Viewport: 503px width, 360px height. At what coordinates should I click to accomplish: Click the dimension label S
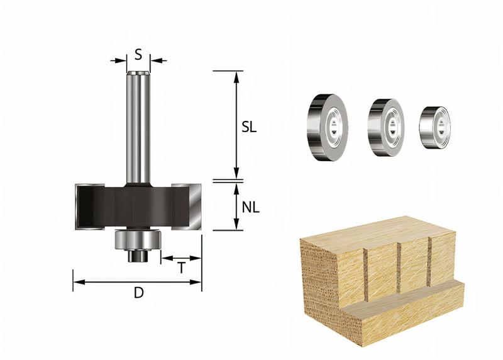click(x=138, y=54)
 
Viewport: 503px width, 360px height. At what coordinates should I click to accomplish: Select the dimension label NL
click(x=250, y=206)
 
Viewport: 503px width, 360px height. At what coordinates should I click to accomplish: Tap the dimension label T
click(x=181, y=267)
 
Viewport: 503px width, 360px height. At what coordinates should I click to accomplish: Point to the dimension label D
click(x=137, y=293)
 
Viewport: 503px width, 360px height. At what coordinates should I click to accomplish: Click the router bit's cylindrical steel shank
click(x=138, y=126)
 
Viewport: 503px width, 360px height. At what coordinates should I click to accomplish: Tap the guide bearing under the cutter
click(x=137, y=240)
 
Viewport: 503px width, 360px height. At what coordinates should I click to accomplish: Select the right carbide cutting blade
click(x=192, y=206)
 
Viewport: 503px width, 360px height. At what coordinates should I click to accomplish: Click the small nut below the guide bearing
click(x=137, y=256)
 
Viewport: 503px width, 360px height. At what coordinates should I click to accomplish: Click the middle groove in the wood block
click(x=399, y=267)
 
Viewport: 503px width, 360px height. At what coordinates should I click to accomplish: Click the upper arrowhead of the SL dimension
click(x=236, y=76)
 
